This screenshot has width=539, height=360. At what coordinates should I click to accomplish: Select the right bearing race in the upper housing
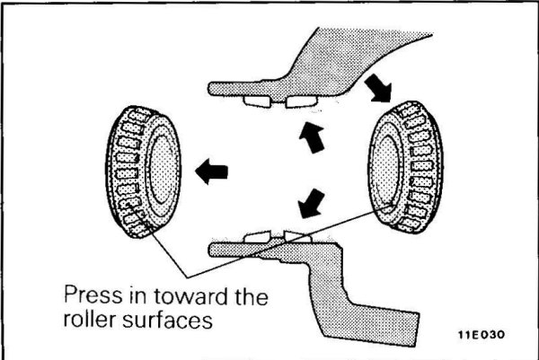tap(297, 101)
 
